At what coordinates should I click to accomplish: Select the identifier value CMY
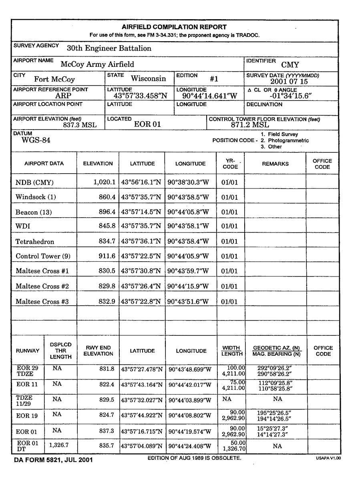(290, 64)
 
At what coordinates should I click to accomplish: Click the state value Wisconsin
(149, 78)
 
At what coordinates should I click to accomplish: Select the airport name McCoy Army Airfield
(97, 64)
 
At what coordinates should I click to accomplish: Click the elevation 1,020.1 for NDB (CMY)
(105, 182)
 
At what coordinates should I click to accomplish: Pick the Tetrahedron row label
(35, 242)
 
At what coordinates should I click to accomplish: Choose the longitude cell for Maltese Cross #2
(189, 286)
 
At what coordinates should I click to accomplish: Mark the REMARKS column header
(275, 164)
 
